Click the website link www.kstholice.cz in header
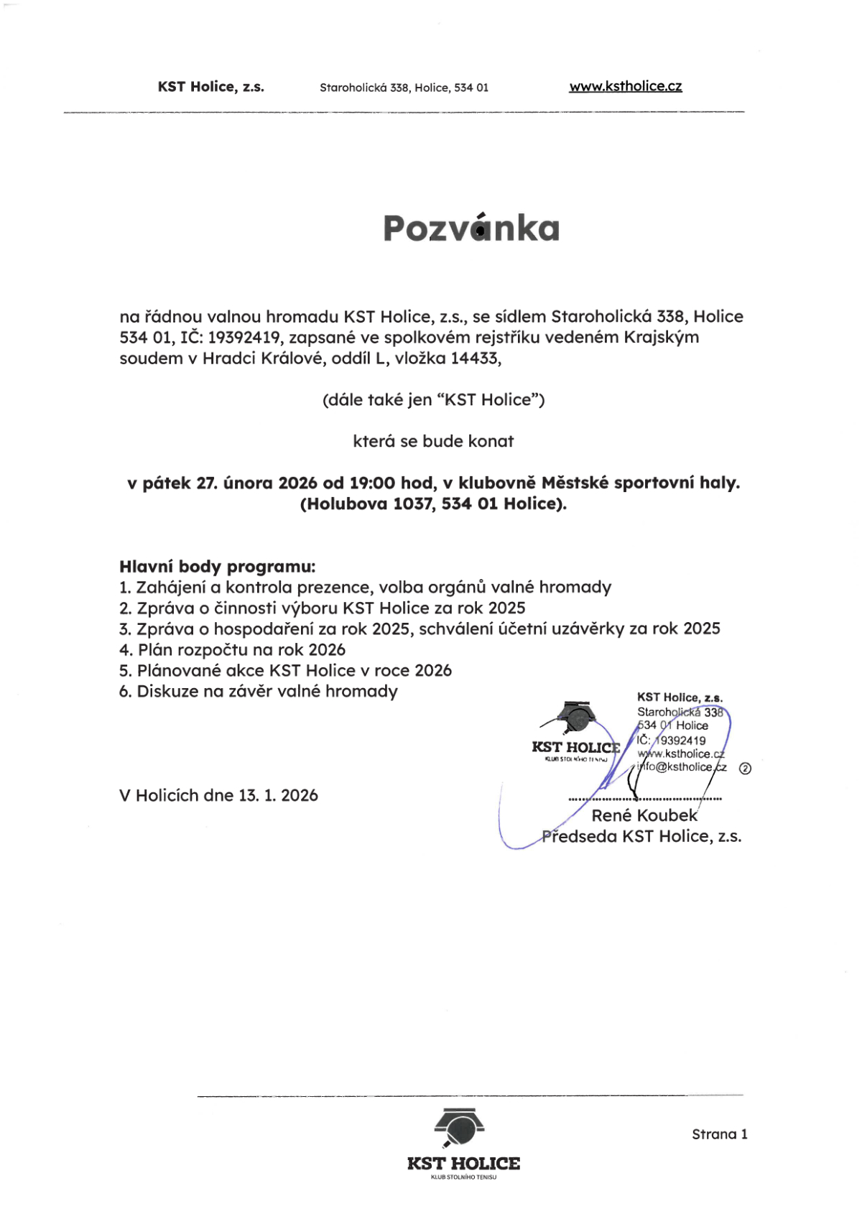[x=625, y=86]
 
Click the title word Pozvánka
[x=471, y=228]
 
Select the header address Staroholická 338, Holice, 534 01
[x=404, y=88]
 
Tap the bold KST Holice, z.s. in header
[x=210, y=87]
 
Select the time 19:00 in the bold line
[x=372, y=483]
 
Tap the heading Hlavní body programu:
[x=217, y=566]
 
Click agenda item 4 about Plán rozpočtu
[x=232, y=649]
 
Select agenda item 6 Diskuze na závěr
[x=259, y=691]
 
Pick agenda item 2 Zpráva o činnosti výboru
[x=323, y=608]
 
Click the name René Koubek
[x=644, y=815]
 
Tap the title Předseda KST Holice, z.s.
[x=641, y=836]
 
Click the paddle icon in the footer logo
[x=460, y=1128]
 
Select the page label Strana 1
[x=719, y=1134]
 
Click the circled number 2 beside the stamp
[x=745, y=768]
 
